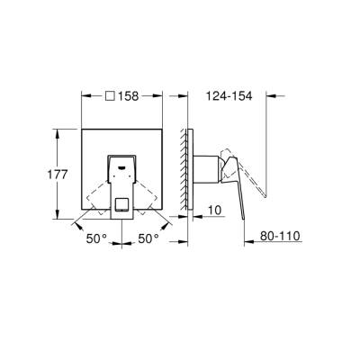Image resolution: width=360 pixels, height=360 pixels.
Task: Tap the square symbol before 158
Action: (x=109, y=94)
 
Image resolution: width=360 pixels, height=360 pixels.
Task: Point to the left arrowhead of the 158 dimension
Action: (x=84, y=94)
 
